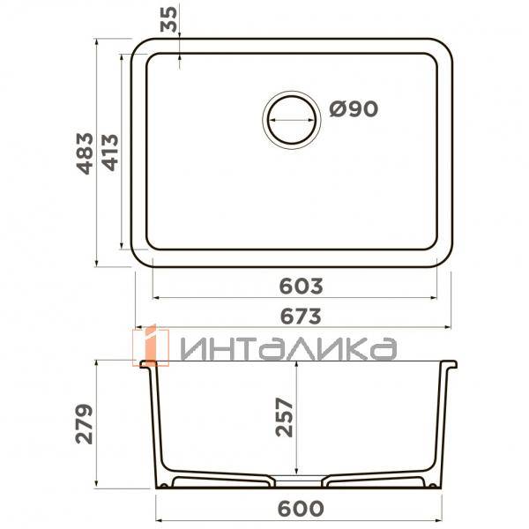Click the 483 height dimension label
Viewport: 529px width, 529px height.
pos(84,153)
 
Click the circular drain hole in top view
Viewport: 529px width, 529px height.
pos(289,117)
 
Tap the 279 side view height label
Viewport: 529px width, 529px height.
pos(84,424)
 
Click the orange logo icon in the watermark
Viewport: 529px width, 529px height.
pos(150,345)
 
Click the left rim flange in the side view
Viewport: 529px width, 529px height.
pos(146,364)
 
